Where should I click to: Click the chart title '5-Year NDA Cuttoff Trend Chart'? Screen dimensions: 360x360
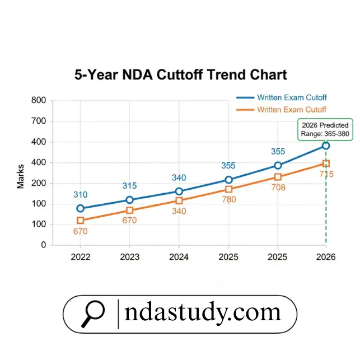pos(180,75)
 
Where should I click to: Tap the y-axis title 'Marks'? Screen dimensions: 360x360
pos(21,176)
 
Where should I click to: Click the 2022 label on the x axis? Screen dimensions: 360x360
pos(81,257)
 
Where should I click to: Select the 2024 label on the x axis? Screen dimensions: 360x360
pos(179,257)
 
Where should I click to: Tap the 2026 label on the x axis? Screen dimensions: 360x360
pos(326,257)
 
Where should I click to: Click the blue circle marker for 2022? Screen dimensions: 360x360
pos(81,208)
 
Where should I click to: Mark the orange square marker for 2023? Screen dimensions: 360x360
pos(130,211)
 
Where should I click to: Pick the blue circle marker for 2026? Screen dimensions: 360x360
pos(326,146)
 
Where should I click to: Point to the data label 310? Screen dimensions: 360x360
pos(81,195)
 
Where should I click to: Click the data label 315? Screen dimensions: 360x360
pos(130,186)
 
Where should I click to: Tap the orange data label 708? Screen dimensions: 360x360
pos(278,188)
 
